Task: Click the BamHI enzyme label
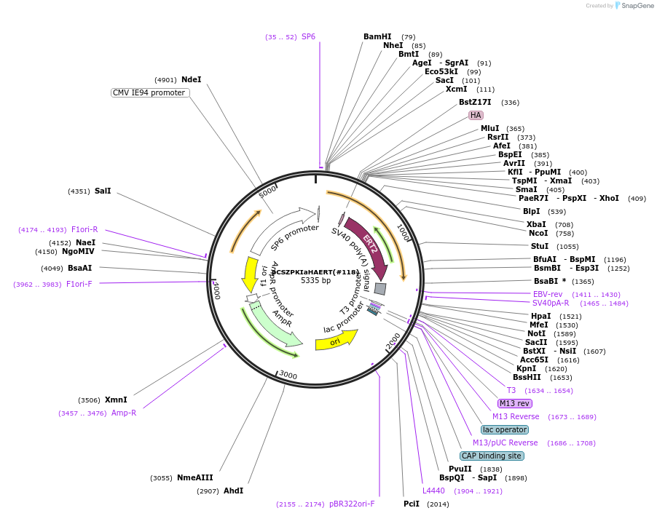click(x=377, y=36)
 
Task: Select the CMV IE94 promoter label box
click(x=150, y=92)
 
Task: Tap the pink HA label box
click(x=476, y=115)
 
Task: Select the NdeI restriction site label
click(x=192, y=79)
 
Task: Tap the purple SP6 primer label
click(x=308, y=36)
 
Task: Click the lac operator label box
click(x=505, y=429)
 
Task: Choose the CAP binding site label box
click(x=492, y=456)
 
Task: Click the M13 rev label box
click(x=515, y=403)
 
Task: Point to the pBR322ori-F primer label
click(x=352, y=504)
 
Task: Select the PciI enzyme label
click(x=412, y=504)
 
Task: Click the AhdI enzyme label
click(x=234, y=491)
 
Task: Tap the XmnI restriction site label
click(x=116, y=400)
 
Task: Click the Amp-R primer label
click(x=124, y=413)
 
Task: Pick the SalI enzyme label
click(x=103, y=191)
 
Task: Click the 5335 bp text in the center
click(x=316, y=280)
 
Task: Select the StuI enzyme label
click(x=540, y=246)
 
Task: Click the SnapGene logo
click(x=632, y=6)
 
